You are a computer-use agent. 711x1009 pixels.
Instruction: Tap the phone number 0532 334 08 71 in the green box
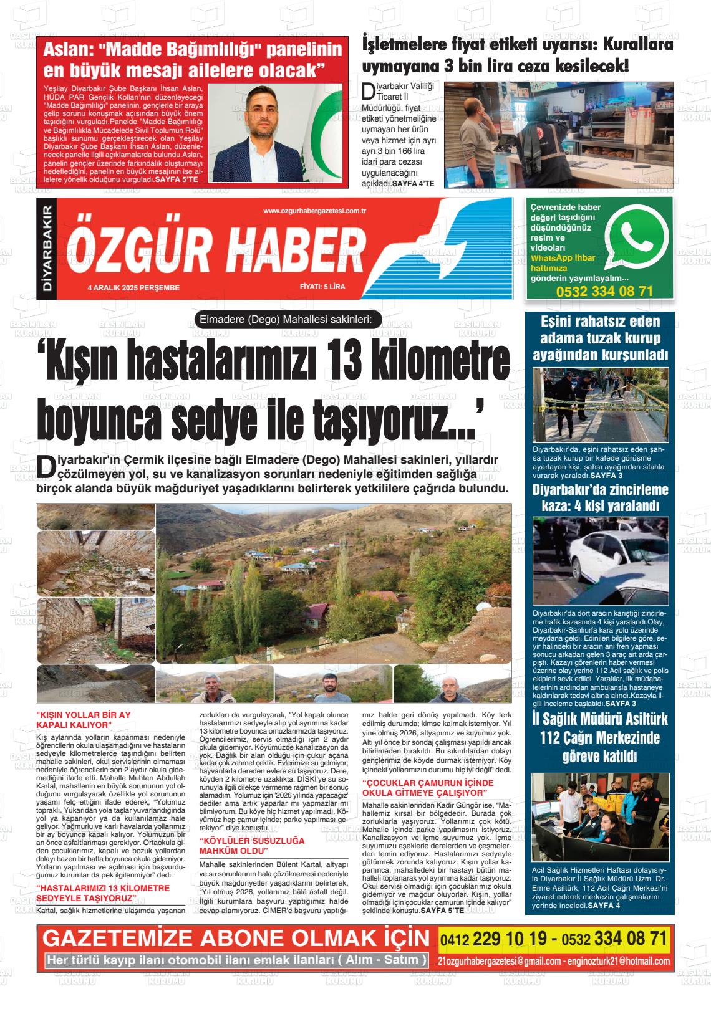604,292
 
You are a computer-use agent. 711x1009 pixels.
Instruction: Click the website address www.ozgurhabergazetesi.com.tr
314,211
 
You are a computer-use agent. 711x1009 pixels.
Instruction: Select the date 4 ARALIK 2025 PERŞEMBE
134,288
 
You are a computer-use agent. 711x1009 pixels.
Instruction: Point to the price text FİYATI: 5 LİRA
322,287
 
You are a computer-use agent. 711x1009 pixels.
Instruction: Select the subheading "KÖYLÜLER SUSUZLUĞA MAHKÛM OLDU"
243,845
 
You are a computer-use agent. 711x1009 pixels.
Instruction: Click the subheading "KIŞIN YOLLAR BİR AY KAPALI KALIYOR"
84,719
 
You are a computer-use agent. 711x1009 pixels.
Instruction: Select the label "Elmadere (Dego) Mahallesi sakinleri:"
286,320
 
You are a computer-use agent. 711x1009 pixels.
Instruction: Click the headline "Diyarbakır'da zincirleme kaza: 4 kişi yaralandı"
600,497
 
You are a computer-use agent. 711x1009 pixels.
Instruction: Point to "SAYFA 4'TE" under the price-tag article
413,184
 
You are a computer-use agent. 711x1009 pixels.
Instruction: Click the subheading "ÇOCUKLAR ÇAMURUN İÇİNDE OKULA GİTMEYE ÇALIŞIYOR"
428,787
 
